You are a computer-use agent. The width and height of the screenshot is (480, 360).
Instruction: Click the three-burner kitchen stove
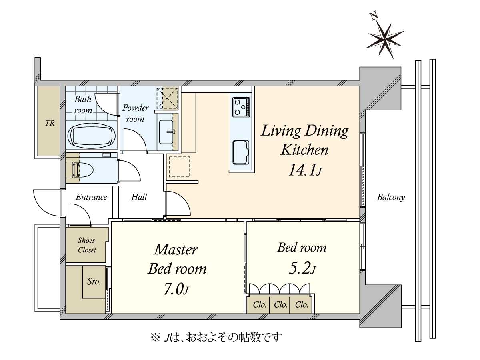(x=241, y=107)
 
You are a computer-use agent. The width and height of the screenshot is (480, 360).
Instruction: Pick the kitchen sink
(x=240, y=152)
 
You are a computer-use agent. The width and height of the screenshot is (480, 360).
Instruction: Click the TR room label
(x=50, y=123)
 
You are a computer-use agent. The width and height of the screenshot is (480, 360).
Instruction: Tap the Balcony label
(x=391, y=197)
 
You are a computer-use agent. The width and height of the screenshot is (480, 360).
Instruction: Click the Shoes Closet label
(x=87, y=245)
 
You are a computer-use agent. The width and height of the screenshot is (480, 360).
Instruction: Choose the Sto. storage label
(x=94, y=282)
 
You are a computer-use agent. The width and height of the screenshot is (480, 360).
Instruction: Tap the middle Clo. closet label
(x=280, y=305)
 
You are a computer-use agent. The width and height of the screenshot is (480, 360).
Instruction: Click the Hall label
(x=139, y=197)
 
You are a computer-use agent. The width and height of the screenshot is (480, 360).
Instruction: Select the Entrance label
(x=92, y=197)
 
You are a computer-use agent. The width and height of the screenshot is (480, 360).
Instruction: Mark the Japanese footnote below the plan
(x=216, y=337)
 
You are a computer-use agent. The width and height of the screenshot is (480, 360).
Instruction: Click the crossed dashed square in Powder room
(x=167, y=98)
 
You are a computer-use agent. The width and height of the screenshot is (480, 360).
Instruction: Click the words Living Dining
(x=304, y=131)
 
